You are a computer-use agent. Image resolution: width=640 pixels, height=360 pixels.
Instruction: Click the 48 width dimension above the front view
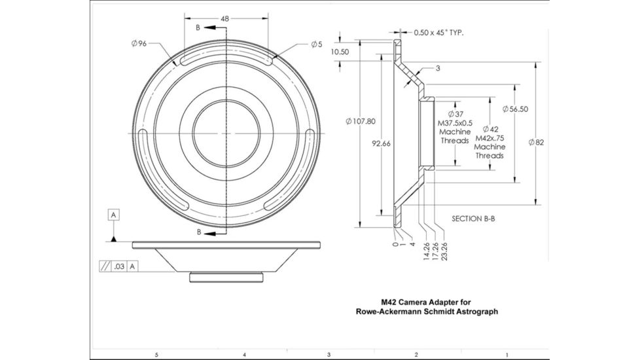point(224,19)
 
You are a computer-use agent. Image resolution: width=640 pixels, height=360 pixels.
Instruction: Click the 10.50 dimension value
point(340,52)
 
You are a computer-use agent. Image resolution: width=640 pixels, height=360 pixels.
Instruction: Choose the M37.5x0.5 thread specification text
point(455,123)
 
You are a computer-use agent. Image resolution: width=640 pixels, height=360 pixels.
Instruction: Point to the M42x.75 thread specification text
point(490,138)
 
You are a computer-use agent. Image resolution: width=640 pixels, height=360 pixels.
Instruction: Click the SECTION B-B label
point(473,219)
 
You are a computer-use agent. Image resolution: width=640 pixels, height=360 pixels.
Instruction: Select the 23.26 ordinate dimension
point(445,249)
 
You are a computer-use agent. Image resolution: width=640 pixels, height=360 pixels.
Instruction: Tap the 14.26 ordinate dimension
point(426,249)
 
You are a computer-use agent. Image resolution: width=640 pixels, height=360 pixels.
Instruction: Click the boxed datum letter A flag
point(115,215)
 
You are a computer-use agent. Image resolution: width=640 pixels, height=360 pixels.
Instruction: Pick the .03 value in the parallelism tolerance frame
point(118,266)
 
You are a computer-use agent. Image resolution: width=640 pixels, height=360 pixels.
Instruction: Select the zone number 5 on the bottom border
point(156,354)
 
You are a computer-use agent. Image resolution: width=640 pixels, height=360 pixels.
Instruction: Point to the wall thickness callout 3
point(437,68)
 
